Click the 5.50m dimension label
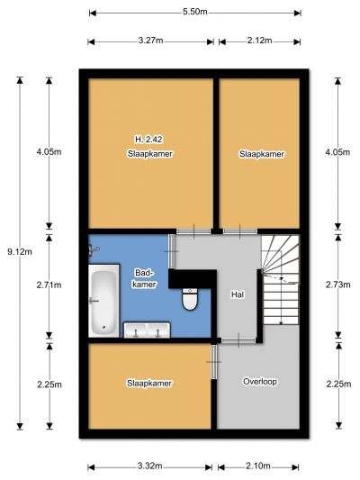[194, 12]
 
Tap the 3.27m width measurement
[150, 41]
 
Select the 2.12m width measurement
[259, 41]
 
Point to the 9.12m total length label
[20, 252]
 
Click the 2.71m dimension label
[49, 285]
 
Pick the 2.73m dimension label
[338, 285]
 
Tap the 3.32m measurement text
[149, 466]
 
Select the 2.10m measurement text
[257, 466]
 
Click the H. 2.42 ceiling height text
[148, 140]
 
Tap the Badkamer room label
[144, 278]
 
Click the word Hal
[238, 294]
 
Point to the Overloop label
[260, 382]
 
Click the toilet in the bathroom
[190, 299]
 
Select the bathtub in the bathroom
[104, 301]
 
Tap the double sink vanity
[147, 330]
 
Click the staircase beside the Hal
[281, 280]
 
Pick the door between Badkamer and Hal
[172, 251]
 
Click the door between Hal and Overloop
[238, 340]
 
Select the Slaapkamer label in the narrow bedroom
[262, 154]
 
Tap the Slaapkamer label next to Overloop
[149, 384]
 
